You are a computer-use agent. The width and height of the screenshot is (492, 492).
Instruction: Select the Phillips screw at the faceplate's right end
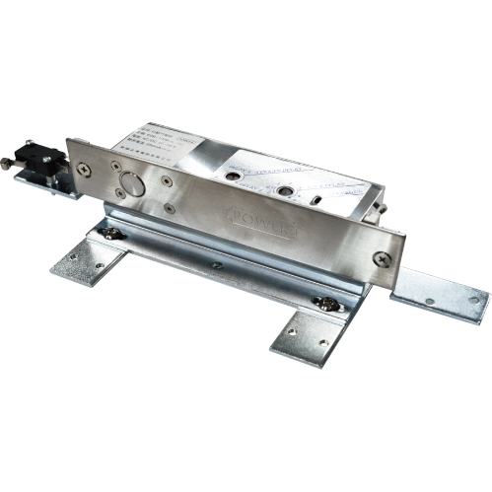(x=382, y=257)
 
